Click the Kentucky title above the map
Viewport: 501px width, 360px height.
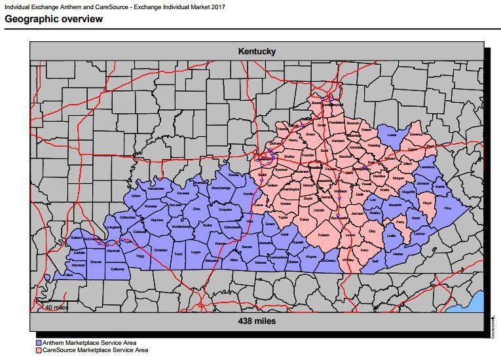point(257,51)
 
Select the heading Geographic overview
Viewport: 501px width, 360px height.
point(54,19)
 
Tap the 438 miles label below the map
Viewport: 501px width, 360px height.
point(257,321)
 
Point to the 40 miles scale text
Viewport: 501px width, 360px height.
point(56,307)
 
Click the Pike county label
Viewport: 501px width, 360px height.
point(448,208)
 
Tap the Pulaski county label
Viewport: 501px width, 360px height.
point(324,234)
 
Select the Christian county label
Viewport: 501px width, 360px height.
point(160,250)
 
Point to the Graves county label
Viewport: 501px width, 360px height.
point(96,262)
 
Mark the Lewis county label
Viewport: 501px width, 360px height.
point(392,135)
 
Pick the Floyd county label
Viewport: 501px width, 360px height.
point(427,204)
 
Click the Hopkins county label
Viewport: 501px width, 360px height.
point(157,220)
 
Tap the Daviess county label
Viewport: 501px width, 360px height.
point(183,193)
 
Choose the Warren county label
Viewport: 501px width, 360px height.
point(220,243)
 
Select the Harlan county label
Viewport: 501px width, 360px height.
point(398,253)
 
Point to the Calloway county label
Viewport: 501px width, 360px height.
point(117,268)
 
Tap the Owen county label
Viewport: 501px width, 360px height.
point(310,134)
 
